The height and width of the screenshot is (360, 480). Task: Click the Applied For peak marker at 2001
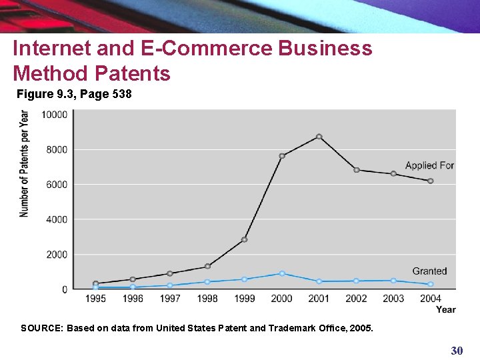click(319, 137)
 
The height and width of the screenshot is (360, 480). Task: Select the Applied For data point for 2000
click(282, 156)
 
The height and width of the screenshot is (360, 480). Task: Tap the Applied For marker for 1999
click(245, 239)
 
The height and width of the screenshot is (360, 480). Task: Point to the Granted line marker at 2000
click(282, 273)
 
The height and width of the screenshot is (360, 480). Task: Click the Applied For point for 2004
click(431, 181)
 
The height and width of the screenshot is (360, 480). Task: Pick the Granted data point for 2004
click(431, 284)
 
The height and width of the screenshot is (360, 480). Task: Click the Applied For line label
click(429, 165)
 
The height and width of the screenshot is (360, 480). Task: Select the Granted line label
click(429, 271)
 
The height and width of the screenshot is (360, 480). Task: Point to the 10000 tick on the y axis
click(55, 115)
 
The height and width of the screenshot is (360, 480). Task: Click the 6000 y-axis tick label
click(57, 184)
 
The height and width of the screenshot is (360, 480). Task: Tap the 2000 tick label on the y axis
click(57, 255)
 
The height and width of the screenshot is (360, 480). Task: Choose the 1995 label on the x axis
click(95, 299)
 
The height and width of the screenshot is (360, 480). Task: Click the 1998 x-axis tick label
click(207, 299)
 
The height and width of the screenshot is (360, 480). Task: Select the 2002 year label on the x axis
click(356, 299)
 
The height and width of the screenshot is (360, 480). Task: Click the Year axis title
click(445, 309)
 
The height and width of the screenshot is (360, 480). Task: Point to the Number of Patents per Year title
click(25, 163)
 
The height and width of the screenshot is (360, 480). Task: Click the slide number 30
click(457, 350)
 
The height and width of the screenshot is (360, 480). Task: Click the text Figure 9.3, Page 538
click(74, 95)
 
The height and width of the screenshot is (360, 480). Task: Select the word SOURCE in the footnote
click(41, 328)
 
